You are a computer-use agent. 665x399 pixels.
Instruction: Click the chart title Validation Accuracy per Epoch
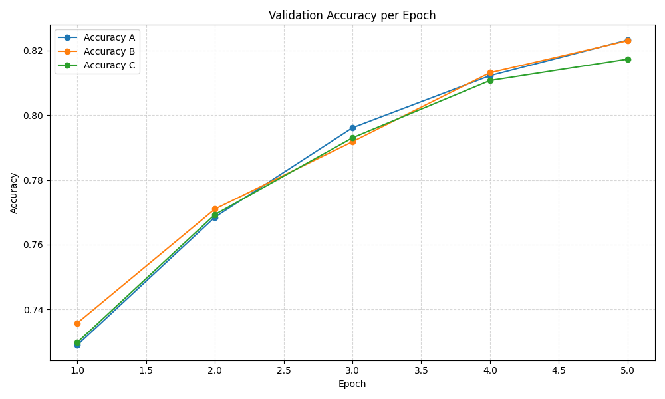[x=352, y=15]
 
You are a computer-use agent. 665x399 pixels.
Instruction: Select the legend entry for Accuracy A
[x=114, y=37]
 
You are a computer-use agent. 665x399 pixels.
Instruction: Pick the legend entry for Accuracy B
[x=114, y=51]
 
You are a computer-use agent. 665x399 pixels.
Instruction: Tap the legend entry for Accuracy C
[x=114, y=65]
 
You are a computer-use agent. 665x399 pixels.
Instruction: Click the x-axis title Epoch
[x=352, y=384]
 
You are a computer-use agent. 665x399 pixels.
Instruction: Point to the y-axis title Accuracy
[x=14, y=193]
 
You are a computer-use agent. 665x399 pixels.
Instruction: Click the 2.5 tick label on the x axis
[x=284, y=370]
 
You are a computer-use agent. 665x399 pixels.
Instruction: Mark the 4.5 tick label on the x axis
[x=559, y=370]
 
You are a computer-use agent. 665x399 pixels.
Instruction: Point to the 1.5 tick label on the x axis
[x=146, y=370]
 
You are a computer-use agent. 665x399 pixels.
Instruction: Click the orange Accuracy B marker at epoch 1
[x=77, y=323]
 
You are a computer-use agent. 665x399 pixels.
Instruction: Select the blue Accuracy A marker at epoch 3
[x=352, y=128]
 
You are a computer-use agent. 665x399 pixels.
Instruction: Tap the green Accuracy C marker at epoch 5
[x=628, y=59]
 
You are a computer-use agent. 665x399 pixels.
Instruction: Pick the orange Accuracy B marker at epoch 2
[x=215, y=209]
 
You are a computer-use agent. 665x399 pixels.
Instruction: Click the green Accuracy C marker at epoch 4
[x=490, y=80]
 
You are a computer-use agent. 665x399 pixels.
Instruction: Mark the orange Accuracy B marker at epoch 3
[x=352, y=142]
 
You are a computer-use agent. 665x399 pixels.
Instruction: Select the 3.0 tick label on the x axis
[x=352, y=370]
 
